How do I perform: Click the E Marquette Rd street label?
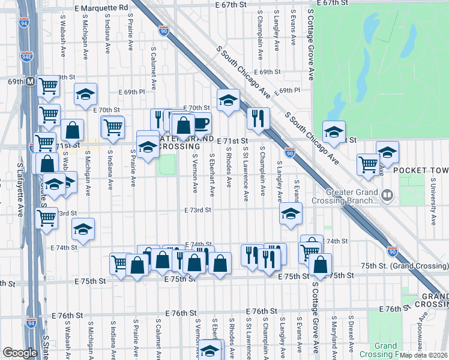(102, 7)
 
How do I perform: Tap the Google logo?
(19, 353)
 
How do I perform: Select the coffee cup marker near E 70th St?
(200, 124)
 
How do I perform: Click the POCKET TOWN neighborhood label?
(421, 170)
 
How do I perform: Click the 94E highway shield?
(26, 57)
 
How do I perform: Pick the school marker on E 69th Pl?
(86, 94)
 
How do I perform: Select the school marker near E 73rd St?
(291, 213)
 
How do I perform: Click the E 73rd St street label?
(199, 210)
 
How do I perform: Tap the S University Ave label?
(433, 201)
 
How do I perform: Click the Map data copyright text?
(423, 355)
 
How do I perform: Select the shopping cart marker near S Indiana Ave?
(112, 127)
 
